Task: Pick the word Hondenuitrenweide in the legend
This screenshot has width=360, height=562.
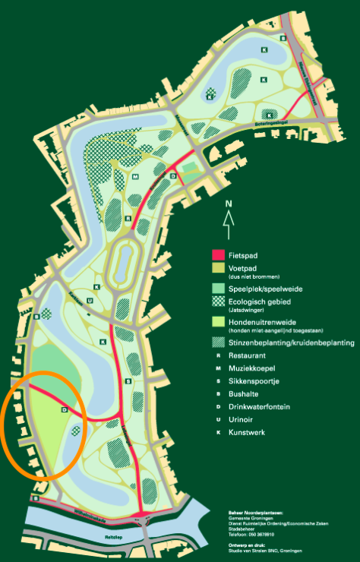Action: [261, 323]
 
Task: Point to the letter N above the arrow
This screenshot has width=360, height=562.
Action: [227, 204]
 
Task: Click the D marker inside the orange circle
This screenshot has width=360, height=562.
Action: [65, 410]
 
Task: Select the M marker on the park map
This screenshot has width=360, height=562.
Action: [134, 176]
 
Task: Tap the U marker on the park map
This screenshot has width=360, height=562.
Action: [90, 300]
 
